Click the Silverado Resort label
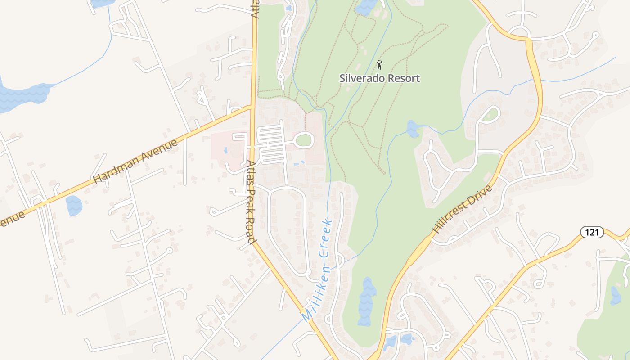pyautogui.click(x=379, y=78)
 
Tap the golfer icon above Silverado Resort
pyautogui.click(x=379, y=65)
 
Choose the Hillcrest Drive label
pyautogui.click(x=462, y=209)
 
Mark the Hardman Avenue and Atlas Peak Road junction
pyautogui.click(x=252, y=107)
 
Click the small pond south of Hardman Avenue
pyautogui.click(x=74, y=206)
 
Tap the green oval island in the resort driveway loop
pyautogui.click(x=304, y=140)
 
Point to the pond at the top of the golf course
pyautogui.click(x=365, y=6)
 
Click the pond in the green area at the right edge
pyautogui.click(x=615, y=296)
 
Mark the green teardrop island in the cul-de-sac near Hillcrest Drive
pyautogui.click(x=491, y=114)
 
